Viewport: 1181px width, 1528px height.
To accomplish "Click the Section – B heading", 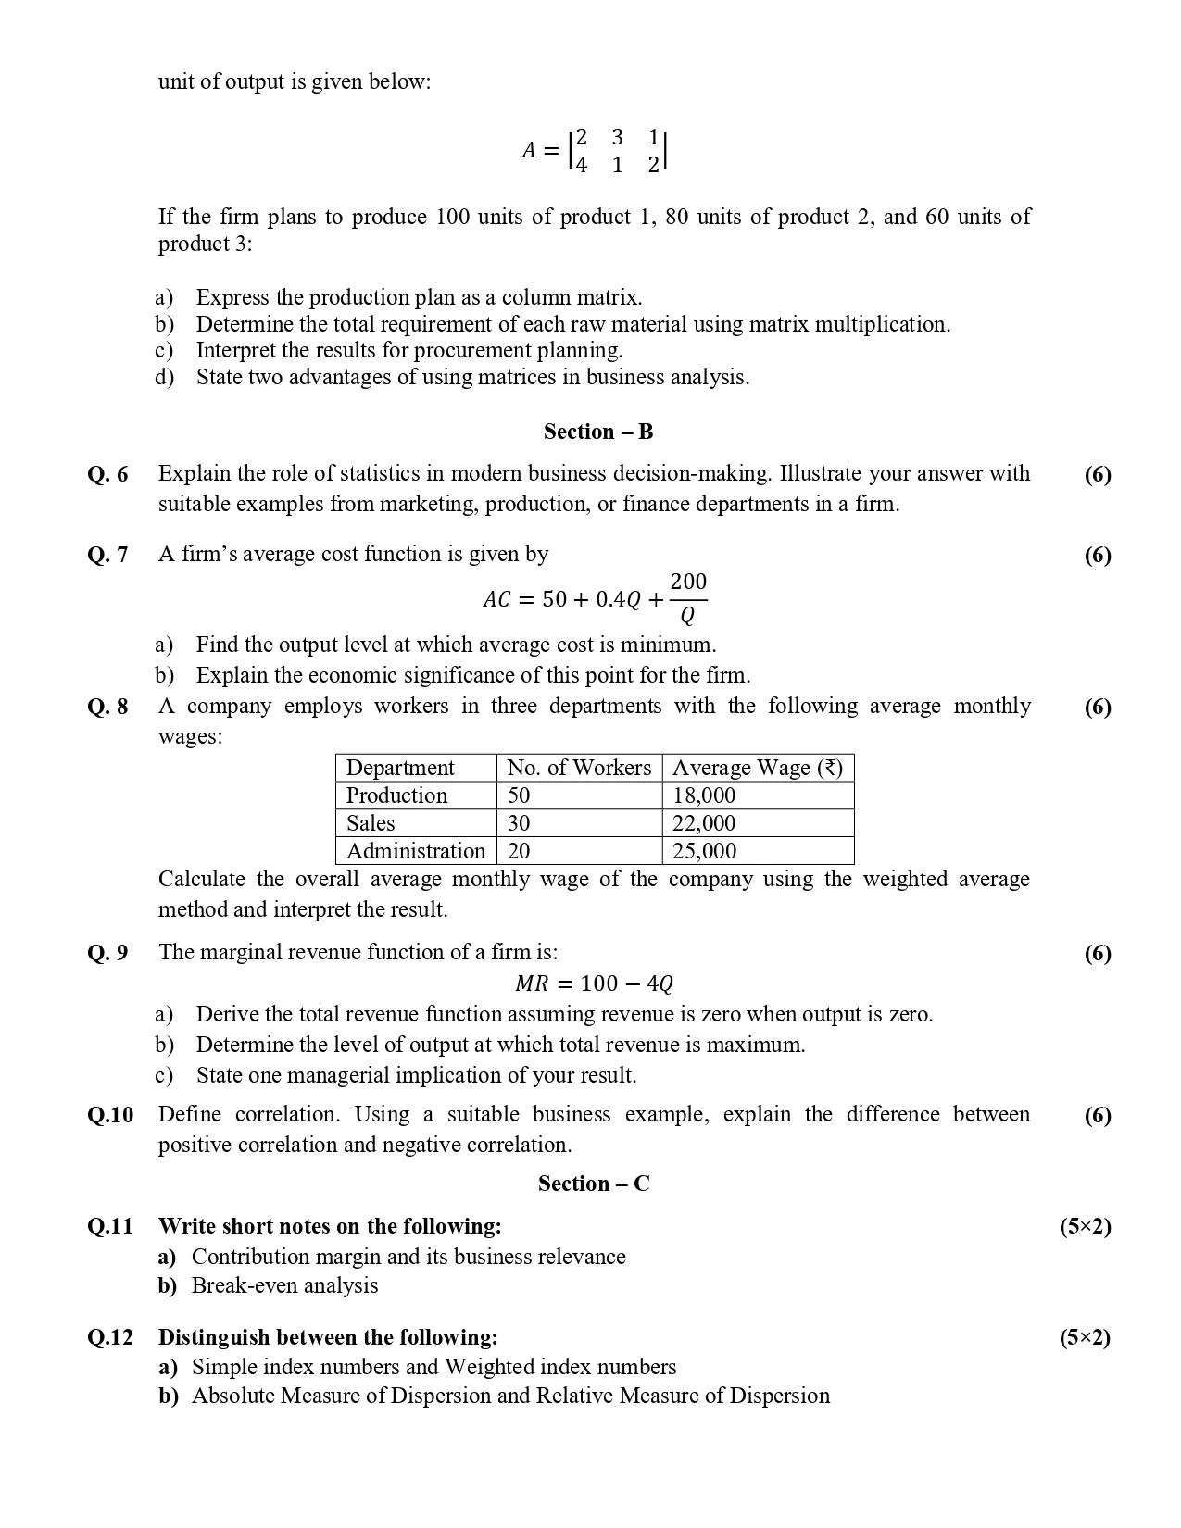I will pyautogui.click(x=598, y=432).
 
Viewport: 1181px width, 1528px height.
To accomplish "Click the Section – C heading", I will pyautogui.click(x=594, y=1184).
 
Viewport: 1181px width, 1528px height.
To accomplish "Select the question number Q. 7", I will pyautogui.click(x=107, y=555).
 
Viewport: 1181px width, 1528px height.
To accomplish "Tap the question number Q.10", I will pyautogui.click(x=110, y=1115).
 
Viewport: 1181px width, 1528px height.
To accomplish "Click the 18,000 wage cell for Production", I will pyautogui.click(x=704, y=795).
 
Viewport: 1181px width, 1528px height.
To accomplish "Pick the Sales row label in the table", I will pyautogui.click(x=371, y=823).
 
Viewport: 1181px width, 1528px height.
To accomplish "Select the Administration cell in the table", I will pyautogui.click(x=416, y=851).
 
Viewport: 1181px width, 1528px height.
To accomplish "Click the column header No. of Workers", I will pyautogui.click(x=579, y=768).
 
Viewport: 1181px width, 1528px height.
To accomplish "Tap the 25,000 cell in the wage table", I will pyautogui.click(x=704, y=851).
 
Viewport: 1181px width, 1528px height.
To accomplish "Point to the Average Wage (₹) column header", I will pyautogui.click(x=757, y=768).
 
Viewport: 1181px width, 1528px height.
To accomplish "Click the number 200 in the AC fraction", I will pyautogui.click(x=688, y=582).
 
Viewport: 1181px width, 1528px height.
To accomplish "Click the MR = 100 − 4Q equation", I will pyautogui.click(x=594, y=983).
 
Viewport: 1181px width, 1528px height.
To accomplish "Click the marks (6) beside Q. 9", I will pyautogui.click(x=1098, y=953).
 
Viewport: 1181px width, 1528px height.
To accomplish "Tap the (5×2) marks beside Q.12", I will pyautogui.click(x=1085, y=1337).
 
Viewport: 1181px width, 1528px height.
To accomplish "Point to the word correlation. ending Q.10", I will pyautogui.click(x=522, y=1145).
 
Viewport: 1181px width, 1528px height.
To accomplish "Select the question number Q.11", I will pyautogui.click(x=110, y=1226).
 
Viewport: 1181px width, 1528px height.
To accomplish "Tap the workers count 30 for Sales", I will pyautogui.click(x=519, y=823).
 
